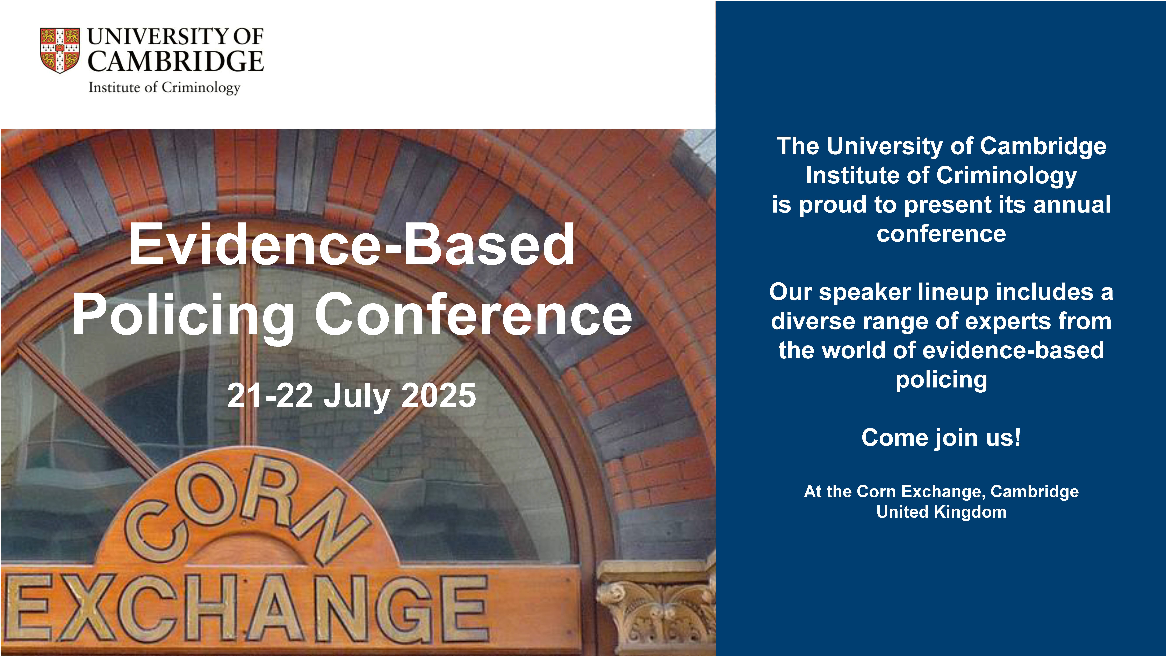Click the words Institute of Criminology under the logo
tap(164, 87)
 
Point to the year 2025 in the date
tap(438, 395)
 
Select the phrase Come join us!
tap(941, 438)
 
